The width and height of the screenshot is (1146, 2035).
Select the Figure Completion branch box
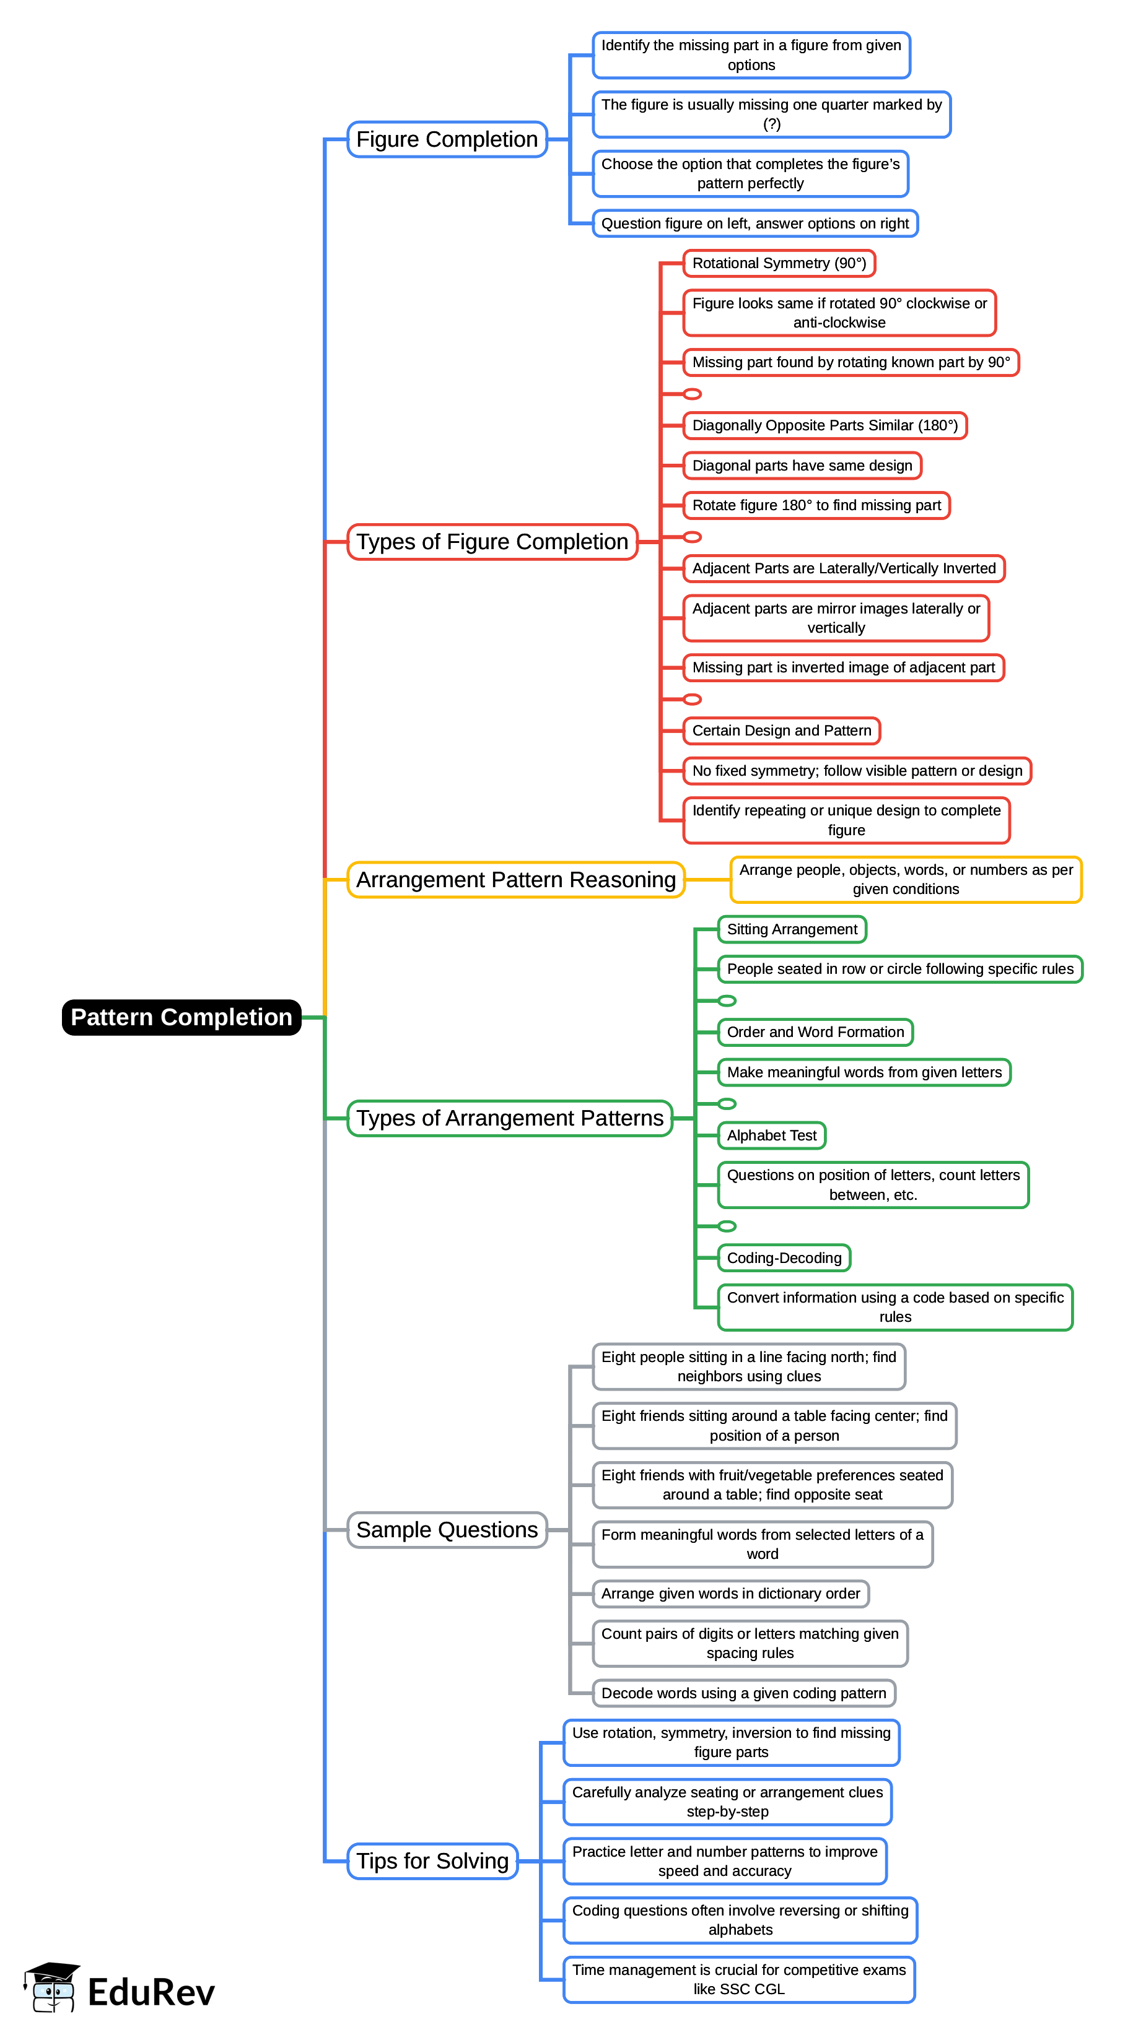[x=447, y=140]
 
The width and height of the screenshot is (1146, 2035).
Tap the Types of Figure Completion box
[x=492, y=542]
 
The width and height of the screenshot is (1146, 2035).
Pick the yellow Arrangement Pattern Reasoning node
[x=515, y=880]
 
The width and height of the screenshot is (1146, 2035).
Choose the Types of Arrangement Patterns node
[x=510, y=1119]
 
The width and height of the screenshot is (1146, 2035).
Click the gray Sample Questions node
[x=447, y=1530]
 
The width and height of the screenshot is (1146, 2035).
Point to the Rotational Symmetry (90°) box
[x=779, y=264]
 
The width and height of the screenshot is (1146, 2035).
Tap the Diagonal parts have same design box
[x=802, y=466]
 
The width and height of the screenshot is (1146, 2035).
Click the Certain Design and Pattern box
[x=781, y=731]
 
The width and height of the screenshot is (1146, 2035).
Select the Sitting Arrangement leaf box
[x=791, y=930]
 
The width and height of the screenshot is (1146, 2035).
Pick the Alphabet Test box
[x=771, y=1136]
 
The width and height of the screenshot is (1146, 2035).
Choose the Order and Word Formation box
[x=815, y=1033]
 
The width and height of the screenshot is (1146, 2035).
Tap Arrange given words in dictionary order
[x=730, y=1594]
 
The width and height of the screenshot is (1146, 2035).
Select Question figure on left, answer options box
[x=754, y=224]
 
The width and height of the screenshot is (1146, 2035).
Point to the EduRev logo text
[x=151, y=1993]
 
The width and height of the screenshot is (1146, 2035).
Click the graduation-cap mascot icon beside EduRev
[x=51, y=1987]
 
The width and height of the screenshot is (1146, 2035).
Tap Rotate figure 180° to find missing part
[x=816, y=506]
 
